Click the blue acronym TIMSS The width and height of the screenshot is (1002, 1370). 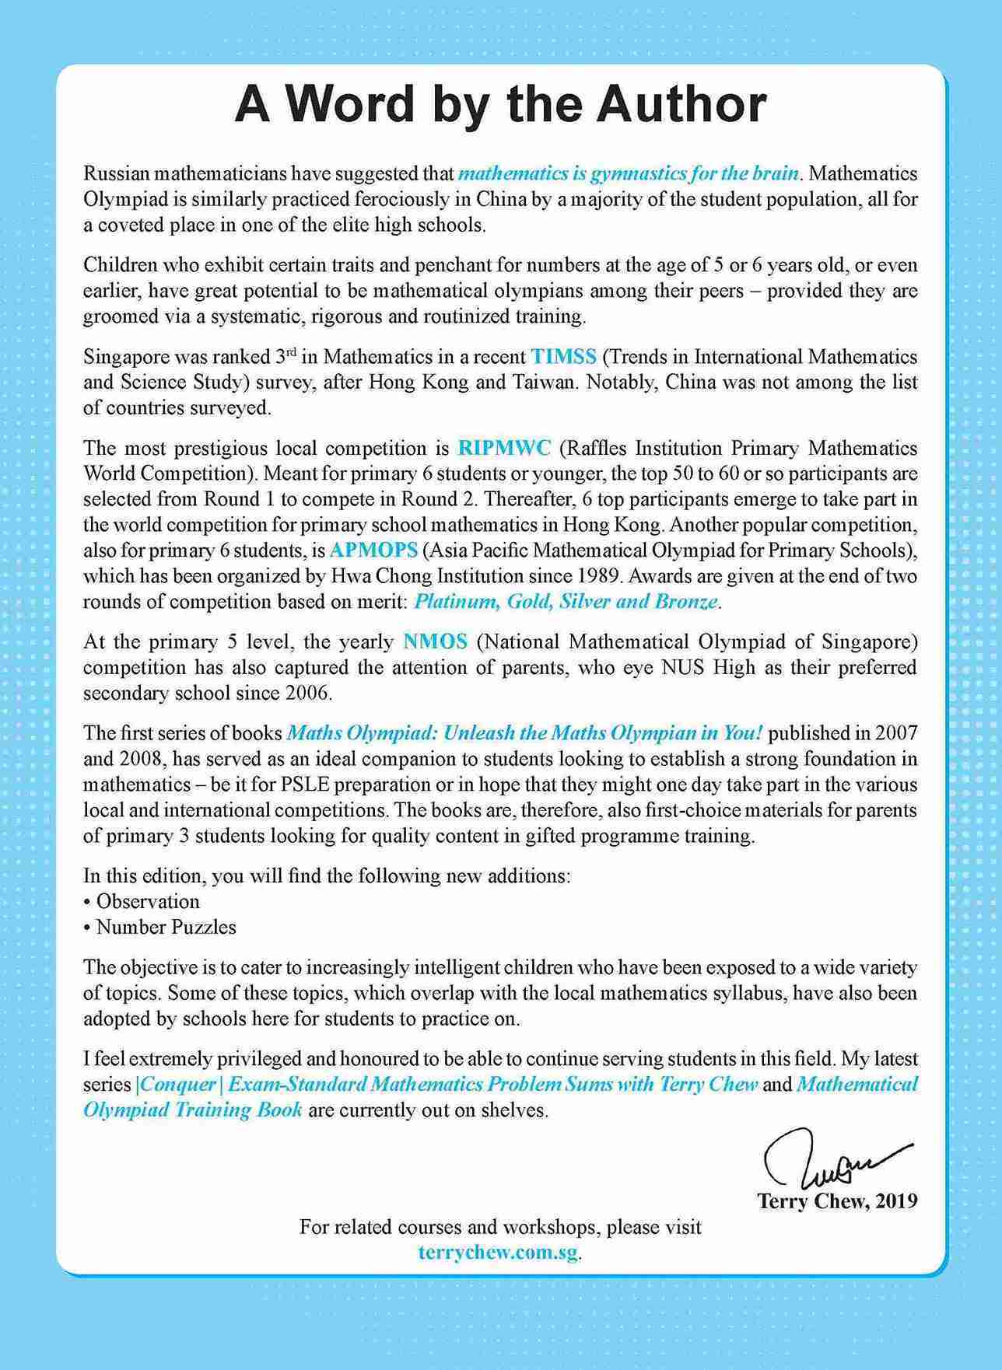pyautogui.click(x=564, y=357)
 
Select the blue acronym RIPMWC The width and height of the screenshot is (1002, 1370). pyautogui.click(x=504, y=448)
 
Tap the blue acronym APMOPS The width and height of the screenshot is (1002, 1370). pyautogui.click(x=373, y=550)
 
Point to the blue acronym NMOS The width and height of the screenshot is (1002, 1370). pyautogui.click(x=436, y=641)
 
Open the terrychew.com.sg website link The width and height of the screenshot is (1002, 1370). pyautogui.click(x=499, y=1253)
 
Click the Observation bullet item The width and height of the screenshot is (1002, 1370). pyautogui.click(x=148, y=901)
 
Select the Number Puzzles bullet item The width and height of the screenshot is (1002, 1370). pyautogui.click(x=166, y=927)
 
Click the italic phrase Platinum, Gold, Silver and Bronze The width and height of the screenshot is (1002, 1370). pyautogui.click(x=566, y=602)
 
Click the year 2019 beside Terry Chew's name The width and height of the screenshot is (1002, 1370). pyautogui.click(x=896, y=1201)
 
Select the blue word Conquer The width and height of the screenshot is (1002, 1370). pyautogui.click(x=166, y=1084)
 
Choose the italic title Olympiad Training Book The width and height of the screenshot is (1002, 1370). pyautogui.click(x=193, y=1110)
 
